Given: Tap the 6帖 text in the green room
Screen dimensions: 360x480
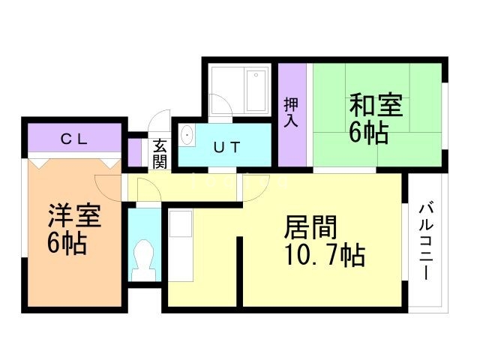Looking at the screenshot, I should click(x=368, y=133).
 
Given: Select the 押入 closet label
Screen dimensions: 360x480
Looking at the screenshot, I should click(x=291, y=113).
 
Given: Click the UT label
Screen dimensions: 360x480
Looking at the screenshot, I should click(x=226, y=147).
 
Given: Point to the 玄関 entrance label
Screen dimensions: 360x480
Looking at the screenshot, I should click(x=160, y=153).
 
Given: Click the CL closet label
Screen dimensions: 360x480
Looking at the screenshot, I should click(x=74, y=139).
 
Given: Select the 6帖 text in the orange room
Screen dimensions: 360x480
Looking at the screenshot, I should click(x=67, y=244).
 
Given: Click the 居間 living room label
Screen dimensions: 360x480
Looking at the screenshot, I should click(x=309, y=226).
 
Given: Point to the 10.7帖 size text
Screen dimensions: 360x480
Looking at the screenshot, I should click(x=324, y=257).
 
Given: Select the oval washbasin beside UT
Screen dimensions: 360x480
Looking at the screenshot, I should click(x=187, y=137).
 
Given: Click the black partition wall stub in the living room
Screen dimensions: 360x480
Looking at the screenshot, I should click(x=240, y=270).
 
